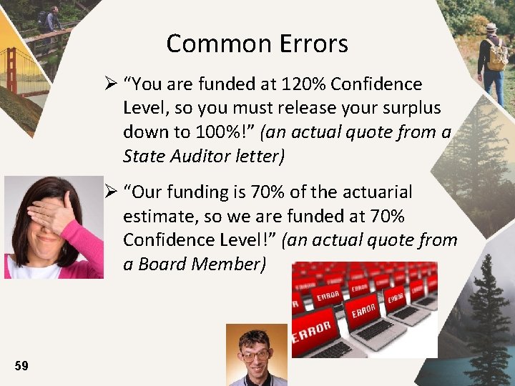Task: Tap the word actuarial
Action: pos(379,192)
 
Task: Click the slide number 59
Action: pos(21,366)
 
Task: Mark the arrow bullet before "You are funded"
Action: pos(111,84)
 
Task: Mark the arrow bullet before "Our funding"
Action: pos(111,192)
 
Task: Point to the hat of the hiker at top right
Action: pos(491,27)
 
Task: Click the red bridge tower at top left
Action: pos(11,71)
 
